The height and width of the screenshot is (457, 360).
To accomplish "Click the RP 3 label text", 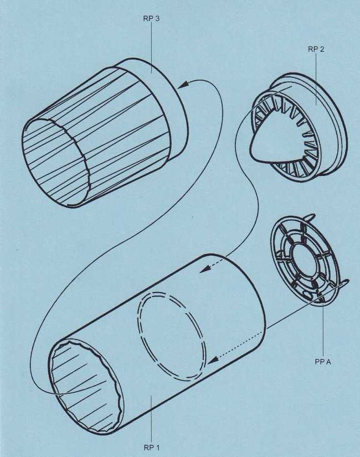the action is coord(151,19).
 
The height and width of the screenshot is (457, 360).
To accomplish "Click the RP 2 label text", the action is coord(316,49).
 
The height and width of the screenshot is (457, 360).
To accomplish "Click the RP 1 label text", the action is coord(152,448).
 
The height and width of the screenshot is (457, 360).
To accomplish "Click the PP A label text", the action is coord(323,362).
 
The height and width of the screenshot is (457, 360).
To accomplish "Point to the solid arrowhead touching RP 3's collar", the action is coord(182,85).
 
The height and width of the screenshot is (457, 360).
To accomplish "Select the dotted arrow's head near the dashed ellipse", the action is coord(213,360).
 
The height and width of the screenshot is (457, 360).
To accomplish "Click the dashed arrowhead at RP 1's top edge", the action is coord(205,269).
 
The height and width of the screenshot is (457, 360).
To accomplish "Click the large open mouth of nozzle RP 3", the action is coord(55,162).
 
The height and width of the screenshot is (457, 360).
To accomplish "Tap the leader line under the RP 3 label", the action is coord(151,48).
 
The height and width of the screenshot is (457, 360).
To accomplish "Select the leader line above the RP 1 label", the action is coord(151,419).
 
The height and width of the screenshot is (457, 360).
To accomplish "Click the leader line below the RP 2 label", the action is coord(316,79).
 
